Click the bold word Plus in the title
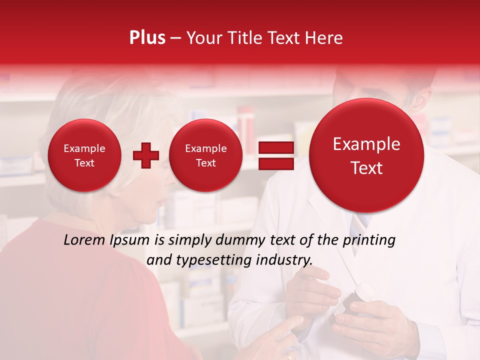point(147,37)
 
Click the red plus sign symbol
point(145,155)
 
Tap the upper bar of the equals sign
point(275,147)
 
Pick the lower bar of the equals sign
point(275,163)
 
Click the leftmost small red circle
point(84,155)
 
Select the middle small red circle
point(205,155)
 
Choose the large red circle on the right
point(366,155)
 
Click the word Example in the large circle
point(366,144)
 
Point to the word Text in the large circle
point(366,168)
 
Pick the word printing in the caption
point(370,240)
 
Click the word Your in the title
point(204,37)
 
